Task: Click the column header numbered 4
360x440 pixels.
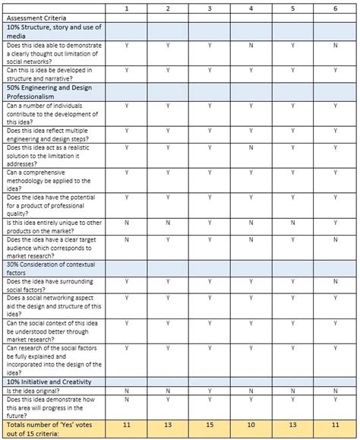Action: click(251, 7)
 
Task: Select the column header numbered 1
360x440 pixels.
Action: click(126, 7)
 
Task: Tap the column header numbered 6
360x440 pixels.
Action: click(335, 7)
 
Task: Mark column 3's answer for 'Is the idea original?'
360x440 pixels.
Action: click(210, 391)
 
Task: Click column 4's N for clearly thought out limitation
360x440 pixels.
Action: click(251, 46)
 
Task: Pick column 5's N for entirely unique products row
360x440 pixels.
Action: click(293, 222)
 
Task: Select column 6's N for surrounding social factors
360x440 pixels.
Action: click(335, 281)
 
